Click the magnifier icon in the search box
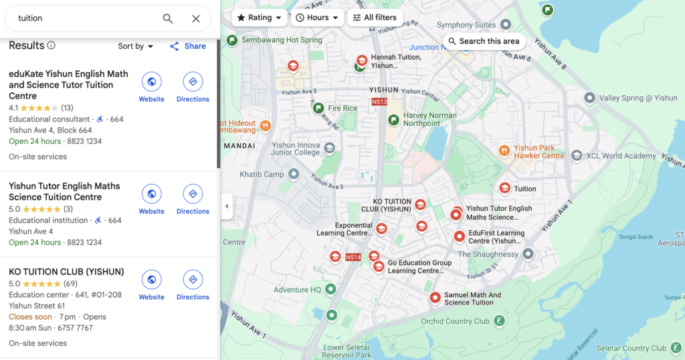pyautogui.click(x=168, y=19)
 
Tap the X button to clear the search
pyautogui.click(x=196, y=19)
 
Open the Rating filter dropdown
pyautogui.click(x=260, y=17)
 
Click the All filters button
pyautogui.click(x=375, y=17)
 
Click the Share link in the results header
pyautogui.click(x=188, y=46)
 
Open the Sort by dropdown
pyautogui.click(x=136, y=46)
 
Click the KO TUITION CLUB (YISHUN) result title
pyautogui.click(x=66, y=272)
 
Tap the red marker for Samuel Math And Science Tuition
pyautogui.click(x=435, y=298)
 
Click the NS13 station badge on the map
pyautogui.click(x=379, y=102)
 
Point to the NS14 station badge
pyautogui.click(x=353, y=257)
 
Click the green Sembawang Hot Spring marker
pyautogui.click(x=232, y=40)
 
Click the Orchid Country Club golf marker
pyautogui.click(x=499, y=321)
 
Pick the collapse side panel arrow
pyautogui.click(x=226, y=206)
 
